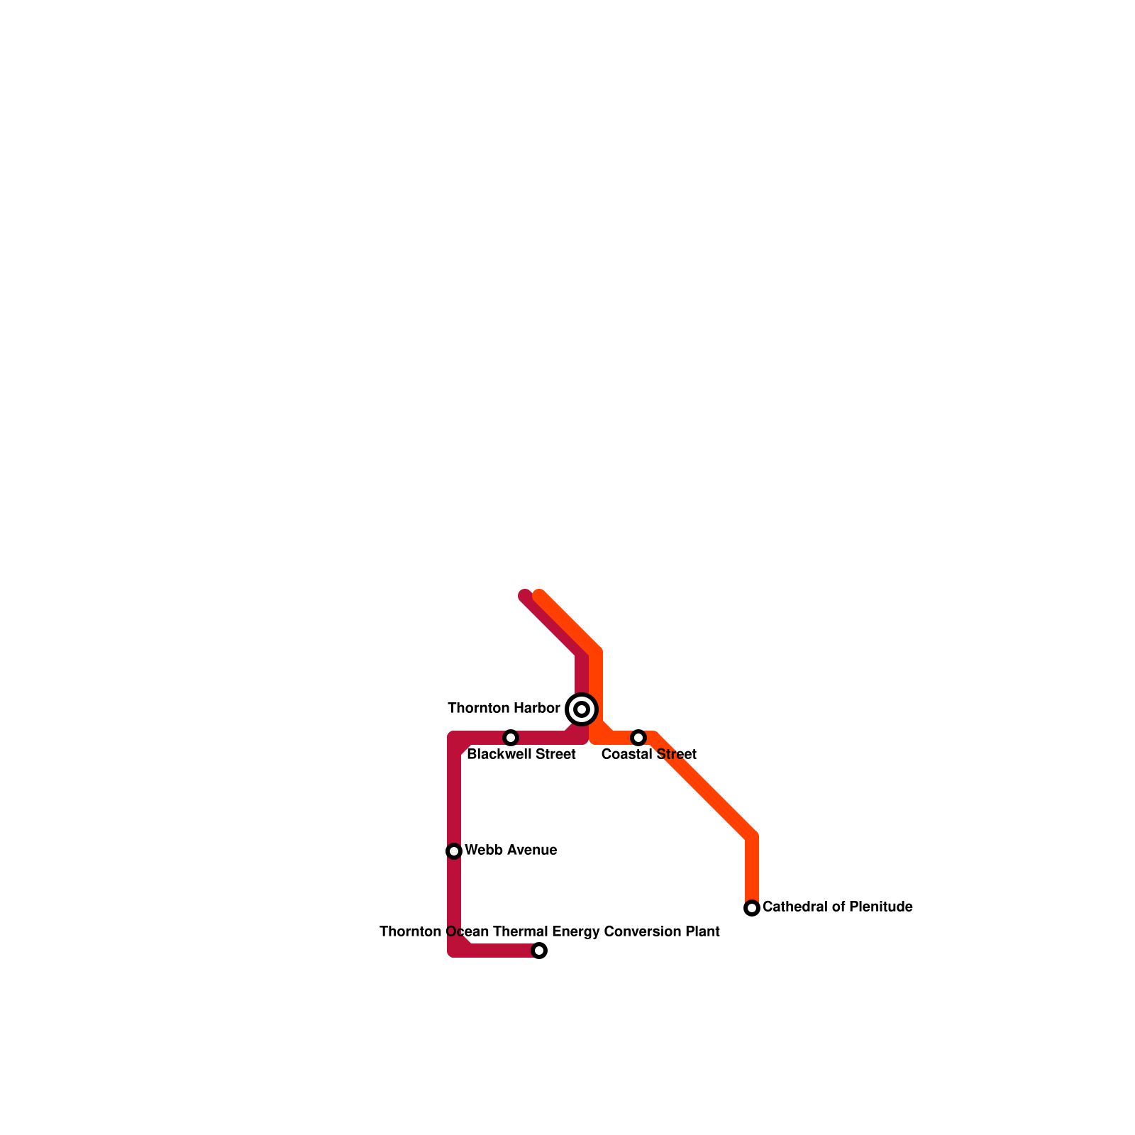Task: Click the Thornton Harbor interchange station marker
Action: pos(582,709)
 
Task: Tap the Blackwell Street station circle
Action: pos(511,738)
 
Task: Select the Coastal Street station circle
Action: pos(638,738)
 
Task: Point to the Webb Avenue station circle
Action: pos(454,851)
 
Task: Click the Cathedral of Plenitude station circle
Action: pos(752,908)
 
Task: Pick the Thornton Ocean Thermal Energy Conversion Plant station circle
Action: pos(539,951)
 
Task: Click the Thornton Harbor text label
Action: pos(504,709)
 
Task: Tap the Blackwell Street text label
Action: pos(521,755)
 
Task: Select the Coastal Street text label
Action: pos(648,755)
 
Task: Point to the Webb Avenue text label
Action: pos(511,851)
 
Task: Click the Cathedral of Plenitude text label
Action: pos(837,907)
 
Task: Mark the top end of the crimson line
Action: pos(525,596)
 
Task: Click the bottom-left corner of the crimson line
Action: pos(455,950)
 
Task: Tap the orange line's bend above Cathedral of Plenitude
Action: pos(752,837)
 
